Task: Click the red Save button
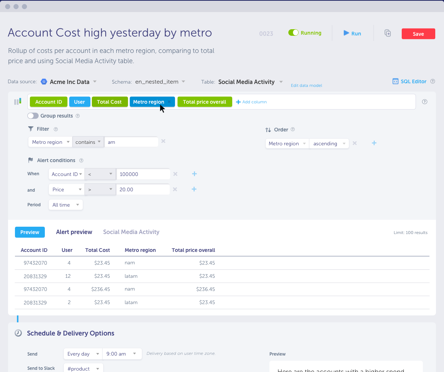(x=418, y=34)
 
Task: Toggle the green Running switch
(x=293, y=32)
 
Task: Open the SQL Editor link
(x=409, y=81)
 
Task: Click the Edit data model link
(x=306, y=85)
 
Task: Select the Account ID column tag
(x=48, y=102)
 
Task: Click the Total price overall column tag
(x=205, y=102)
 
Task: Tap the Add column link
(x=251, y=102)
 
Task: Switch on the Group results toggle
(x=33, y=116)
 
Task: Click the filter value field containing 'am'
(x=131, y=142)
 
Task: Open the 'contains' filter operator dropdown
(x=88, y=142)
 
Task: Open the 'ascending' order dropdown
(x=329, y=143)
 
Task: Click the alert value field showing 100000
(x=143, y=174)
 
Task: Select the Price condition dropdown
(x=67, y=189)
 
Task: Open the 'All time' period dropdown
(x=66, y=205)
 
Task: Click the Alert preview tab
(x=74, y=232)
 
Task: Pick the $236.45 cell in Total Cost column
(x=101, y=289)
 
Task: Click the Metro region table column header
(x=140, y=250)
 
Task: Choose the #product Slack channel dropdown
(x=83, y=368)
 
